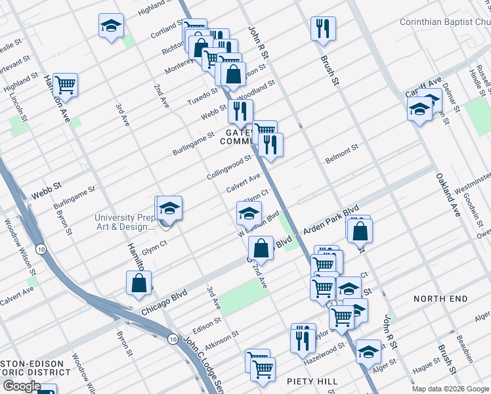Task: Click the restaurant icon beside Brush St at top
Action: click(324, 29)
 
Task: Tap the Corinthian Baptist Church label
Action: click(444, 22)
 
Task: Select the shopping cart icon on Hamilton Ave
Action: click(65, 85)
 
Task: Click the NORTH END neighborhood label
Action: click(440, 299)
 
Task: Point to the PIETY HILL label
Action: click(312, 382)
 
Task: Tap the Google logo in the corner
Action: click(22, 386)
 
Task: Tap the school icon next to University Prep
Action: click(169, 208)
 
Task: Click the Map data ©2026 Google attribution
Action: click(450, 389)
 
